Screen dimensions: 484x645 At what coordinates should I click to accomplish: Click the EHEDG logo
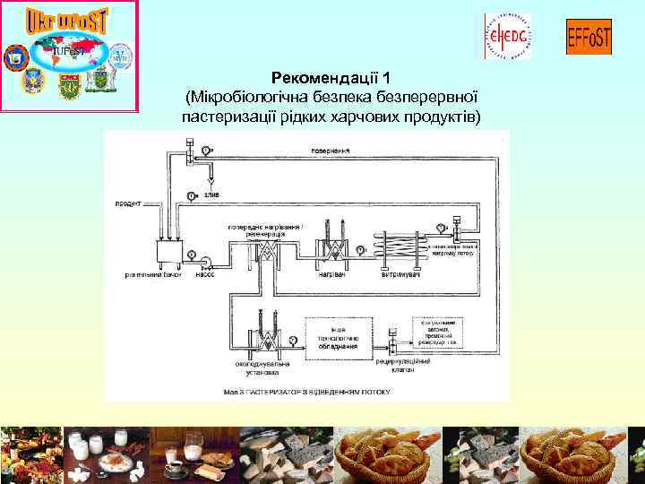(507, 36)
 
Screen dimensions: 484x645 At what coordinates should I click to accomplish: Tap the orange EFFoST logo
(589, 37)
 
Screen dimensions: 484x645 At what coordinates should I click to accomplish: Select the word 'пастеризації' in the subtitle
(221, 117)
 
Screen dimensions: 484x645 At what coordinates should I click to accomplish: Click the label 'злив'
(212, 194)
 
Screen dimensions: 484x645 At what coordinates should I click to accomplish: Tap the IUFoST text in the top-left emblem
(69, 52)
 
